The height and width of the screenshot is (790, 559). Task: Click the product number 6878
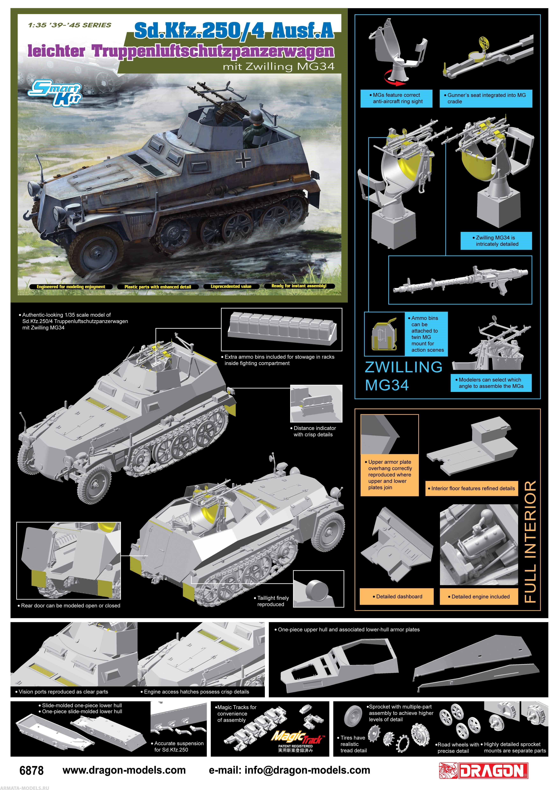coord(32,770)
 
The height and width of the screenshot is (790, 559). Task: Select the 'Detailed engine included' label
coord(479,596)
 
